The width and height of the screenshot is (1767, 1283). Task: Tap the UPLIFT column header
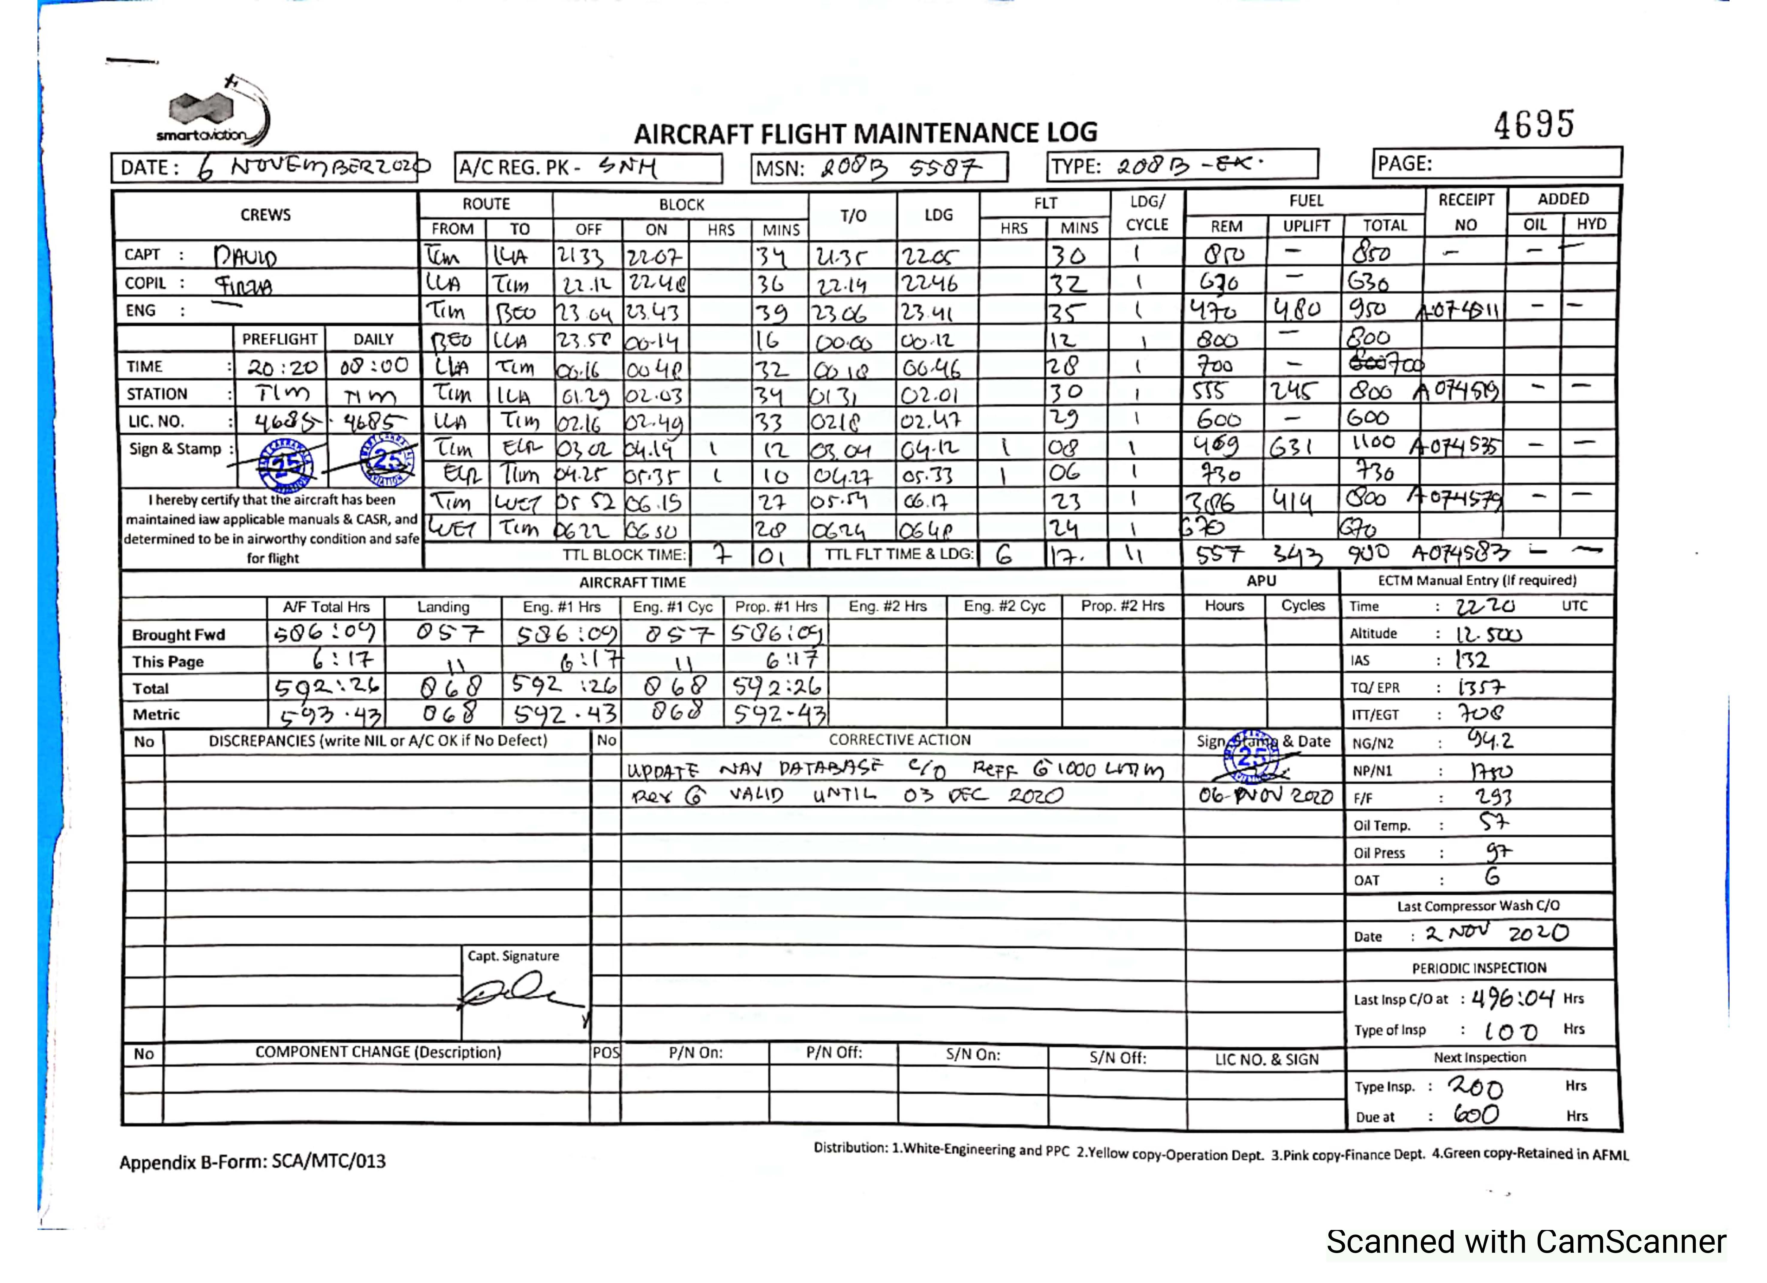tap(1306, 226)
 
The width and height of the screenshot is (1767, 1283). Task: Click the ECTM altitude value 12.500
tap(1488, 634)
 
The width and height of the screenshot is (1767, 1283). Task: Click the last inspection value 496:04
tap(1512, 998)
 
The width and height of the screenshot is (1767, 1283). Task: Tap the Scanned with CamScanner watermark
tap(1525, 1242)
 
